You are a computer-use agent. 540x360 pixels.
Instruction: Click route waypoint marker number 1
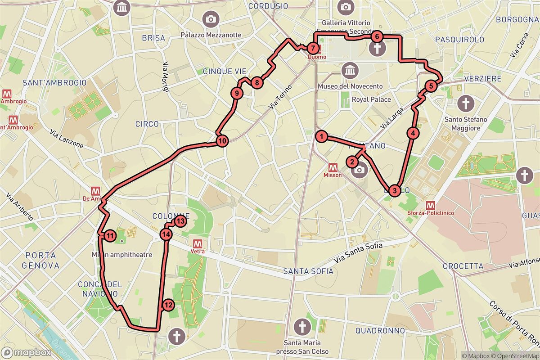pyautogui.click(x=321, y=135)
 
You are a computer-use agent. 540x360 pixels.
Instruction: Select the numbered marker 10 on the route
pyautogui.click(x=222, y=141)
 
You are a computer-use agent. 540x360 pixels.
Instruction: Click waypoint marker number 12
pyautogui.click(x=168, y=305)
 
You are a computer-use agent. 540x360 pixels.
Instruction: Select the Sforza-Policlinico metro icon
pyautogui.click(x=430, y=203)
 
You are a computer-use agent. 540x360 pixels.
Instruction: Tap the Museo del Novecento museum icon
pyautogui.click(x=349, y=71)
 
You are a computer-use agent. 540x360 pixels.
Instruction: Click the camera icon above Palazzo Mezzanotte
pyautogui.click(x=210, y=18)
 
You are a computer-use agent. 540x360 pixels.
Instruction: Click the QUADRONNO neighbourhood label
pyautogui.click(x=380, y=331)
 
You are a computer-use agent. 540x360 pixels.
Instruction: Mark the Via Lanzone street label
pyautogui.click(x=67, y=139)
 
